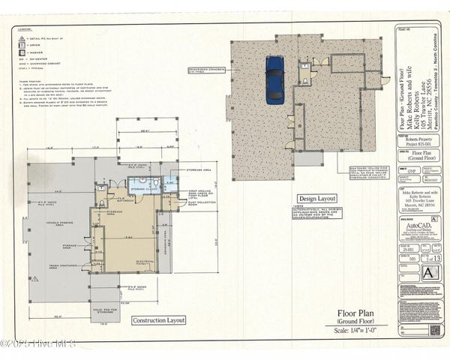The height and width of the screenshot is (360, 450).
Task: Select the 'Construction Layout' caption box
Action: click(x=158, y=320)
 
